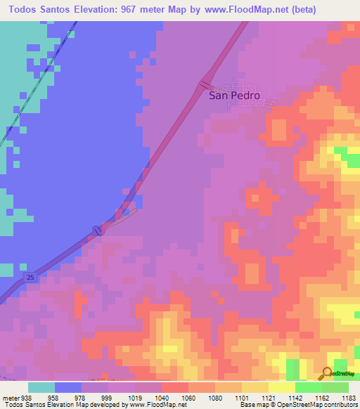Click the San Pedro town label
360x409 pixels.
[235, 96]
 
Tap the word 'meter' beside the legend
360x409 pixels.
[9, 397]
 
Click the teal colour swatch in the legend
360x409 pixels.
[41, 387]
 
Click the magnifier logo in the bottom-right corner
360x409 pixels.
[328, 373]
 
